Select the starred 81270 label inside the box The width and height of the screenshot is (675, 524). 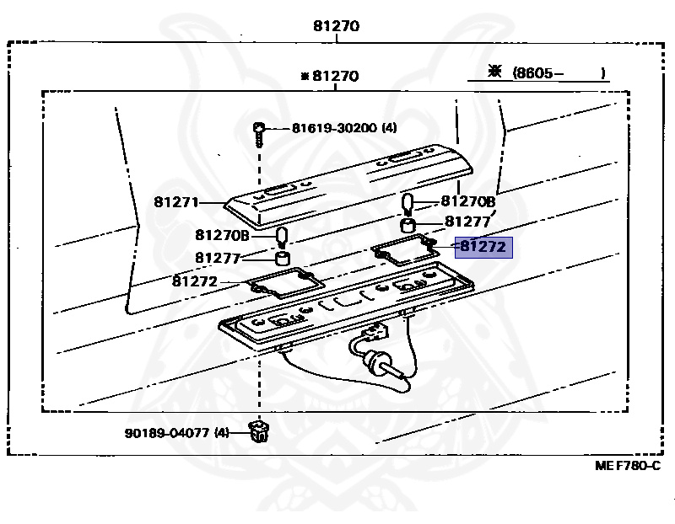click(x=330, y=76)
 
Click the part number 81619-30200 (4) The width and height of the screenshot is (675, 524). click(x=343, y=128)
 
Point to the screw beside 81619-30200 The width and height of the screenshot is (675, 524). click(x=260, y=131)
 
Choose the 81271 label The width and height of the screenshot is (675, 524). click(x=175, y=202)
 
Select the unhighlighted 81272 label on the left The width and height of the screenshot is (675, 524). click(x=195, y=281)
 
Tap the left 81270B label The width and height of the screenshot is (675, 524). click(x=221, y=235)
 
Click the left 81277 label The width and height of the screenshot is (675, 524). click(x=219, y=258)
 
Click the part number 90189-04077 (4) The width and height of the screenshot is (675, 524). click(x=174, y=433)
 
